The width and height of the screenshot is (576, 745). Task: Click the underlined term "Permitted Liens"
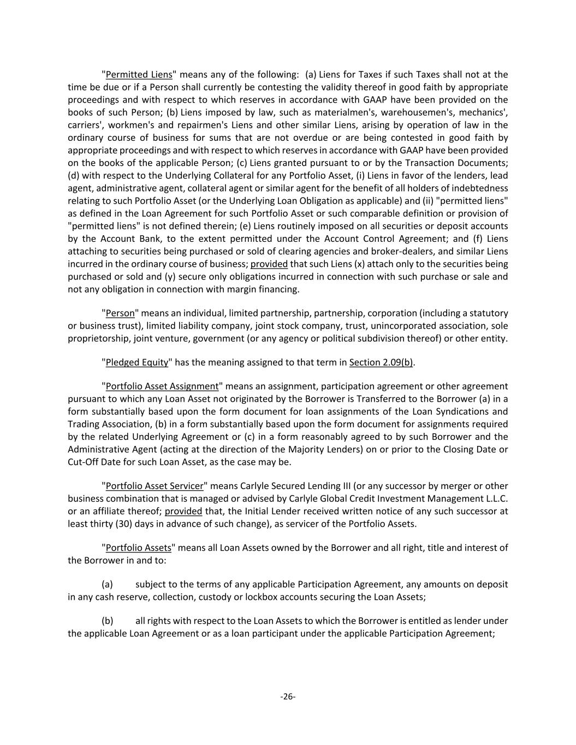click(139, 75)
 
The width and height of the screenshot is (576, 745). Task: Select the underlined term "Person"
click(120, 313)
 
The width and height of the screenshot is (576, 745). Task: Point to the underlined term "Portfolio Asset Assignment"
click(162, 386)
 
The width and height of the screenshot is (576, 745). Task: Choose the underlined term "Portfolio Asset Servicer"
click(155, 486)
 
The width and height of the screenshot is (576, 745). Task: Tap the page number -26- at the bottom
click(288, 696)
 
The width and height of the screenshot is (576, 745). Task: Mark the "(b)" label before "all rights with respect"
click(108, 621)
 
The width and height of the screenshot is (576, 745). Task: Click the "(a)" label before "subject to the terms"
click(108, 585)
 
